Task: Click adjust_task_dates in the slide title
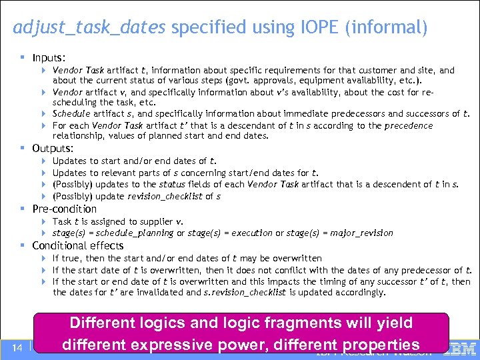click(x=90, y=28)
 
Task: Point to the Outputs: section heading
click(x=53, y=148)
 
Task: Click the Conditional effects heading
click(x=78, y=245)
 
